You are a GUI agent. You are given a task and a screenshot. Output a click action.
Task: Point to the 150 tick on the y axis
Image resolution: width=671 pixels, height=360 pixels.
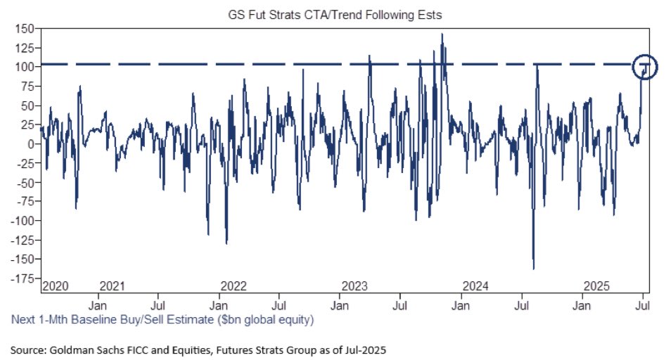(x=26, y=28)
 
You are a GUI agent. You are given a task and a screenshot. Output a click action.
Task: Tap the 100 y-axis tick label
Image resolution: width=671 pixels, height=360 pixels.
(x=26, y=67)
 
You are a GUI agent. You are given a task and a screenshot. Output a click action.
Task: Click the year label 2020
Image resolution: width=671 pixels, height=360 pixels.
(x=54, y=287)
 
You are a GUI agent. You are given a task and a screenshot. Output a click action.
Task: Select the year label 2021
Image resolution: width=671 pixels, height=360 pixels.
(x=112, y=287)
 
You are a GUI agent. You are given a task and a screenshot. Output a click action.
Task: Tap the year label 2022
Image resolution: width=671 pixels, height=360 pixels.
(x=234, y=287)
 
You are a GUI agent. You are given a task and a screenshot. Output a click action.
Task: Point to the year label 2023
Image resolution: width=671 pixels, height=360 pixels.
(x=354, y=287)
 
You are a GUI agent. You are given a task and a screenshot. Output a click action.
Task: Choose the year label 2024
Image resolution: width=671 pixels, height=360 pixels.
(x=475, y=287)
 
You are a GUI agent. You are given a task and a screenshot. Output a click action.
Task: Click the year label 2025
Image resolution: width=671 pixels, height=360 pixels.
(x=597, y=287)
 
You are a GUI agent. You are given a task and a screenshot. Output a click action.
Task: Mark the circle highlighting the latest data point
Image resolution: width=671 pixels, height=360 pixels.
(x=644, y=68)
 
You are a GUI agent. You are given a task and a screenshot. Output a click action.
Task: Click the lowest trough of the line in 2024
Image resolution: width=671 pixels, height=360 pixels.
(x=533, y=268)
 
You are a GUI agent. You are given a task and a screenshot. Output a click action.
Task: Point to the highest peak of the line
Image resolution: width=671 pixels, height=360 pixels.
(x=442, y=34)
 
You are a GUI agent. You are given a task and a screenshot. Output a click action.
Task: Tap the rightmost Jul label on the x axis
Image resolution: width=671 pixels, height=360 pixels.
(x=643, y=307)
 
